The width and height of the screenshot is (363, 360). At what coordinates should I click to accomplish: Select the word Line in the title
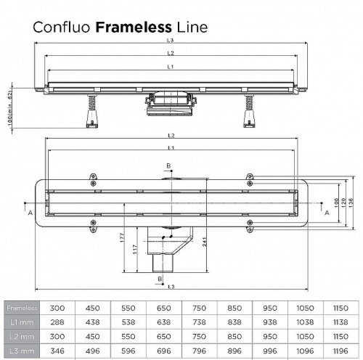(x=192, y=28)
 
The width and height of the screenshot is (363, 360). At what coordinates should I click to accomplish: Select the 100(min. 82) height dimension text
(x=9, y=106)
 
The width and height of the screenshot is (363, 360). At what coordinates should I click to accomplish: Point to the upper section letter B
(x=169, y=165)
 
